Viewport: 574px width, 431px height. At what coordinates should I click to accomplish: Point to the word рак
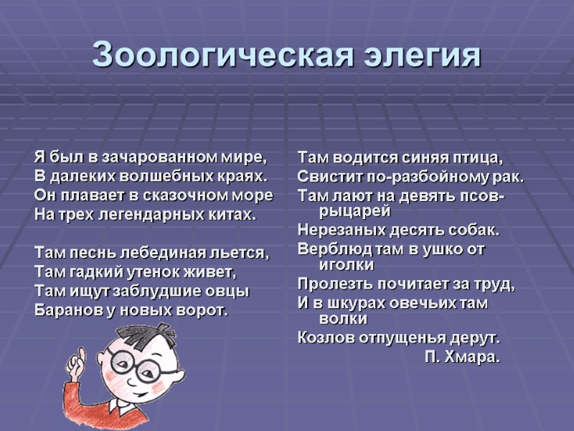[x=511, y=176]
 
